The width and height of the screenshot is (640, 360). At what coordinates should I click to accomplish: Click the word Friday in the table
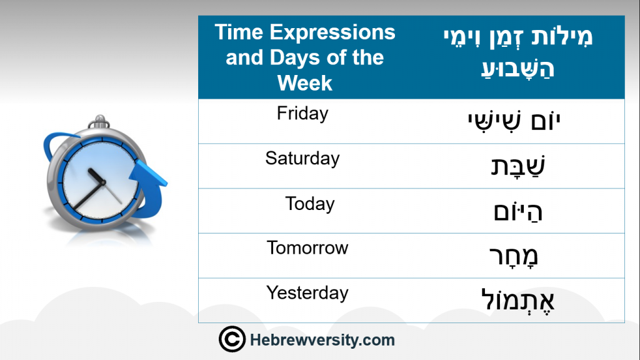pyautogui.click(x=302, y=114)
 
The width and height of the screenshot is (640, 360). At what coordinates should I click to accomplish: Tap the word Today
pyautogui.click(x=310, y=204)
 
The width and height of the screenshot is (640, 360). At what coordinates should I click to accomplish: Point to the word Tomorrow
pyautogui.click(x=307, y=247)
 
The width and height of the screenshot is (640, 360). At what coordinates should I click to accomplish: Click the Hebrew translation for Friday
pyautogui.click(x=514, y=121)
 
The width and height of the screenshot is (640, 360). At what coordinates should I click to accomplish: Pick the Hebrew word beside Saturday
pyautogui.click(x=517, y=166)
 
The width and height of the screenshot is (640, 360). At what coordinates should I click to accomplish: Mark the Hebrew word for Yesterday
pyautogui.click(x=518, y=301)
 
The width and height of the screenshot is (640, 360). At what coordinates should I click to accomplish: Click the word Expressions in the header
pyautogui.click(x=332, y=32)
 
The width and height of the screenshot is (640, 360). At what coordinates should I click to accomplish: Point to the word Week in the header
pyautogui.click(x=305, y=83)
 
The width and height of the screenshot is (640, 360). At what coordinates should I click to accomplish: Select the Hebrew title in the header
pyautogui.click(x=517, y=52)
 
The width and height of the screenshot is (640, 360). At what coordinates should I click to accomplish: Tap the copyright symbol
pyautogui.click(x=232, y=339)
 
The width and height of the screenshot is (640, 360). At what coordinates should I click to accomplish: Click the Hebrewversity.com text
pyautogui.click(x=322, y=340)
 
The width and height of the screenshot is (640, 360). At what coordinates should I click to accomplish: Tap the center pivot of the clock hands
pyautogui.click(x=102, y=182)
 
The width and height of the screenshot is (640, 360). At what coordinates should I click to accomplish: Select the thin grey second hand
pyautogui.click(x=112, y=193)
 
